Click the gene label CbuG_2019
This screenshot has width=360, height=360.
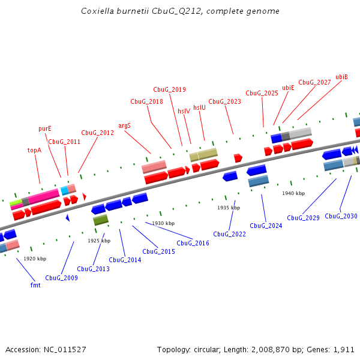pos(169,90)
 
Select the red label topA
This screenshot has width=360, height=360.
pos(34,150)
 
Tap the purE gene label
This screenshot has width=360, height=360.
pos(45,128)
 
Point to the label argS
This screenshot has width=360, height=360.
pos(124,126)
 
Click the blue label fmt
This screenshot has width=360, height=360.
pos(35,285)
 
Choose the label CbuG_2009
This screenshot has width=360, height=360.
pos(61,278)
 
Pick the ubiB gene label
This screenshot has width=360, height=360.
pos(341,77)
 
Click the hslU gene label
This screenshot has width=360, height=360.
pos(199,108)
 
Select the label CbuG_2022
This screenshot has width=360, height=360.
pos(229,234)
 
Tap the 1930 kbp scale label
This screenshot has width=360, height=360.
pos(163,223)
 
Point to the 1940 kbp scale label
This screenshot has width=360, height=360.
pos(293,193)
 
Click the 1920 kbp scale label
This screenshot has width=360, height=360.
pos(35,259)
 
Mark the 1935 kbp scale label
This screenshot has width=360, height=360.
pos(229,208)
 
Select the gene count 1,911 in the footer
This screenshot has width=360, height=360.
pos(343,349)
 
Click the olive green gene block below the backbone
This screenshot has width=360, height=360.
pos(101,220)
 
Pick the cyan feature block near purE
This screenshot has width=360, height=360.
pos(64,190)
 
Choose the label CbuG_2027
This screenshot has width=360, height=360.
pos(314,82)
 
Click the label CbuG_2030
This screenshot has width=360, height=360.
pos(341,216)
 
